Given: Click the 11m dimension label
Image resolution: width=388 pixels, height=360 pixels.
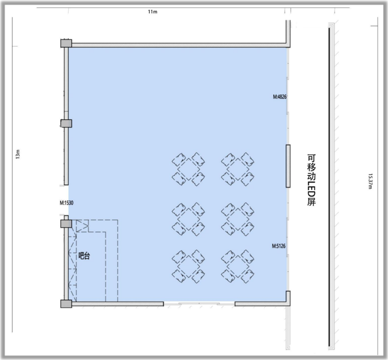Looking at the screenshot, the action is [153, 11].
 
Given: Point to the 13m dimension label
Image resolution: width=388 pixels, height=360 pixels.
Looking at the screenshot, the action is [18, 154].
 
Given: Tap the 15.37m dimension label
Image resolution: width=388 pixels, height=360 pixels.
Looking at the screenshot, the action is [370, 181].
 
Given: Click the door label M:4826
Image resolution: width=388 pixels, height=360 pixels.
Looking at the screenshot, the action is [280, 96].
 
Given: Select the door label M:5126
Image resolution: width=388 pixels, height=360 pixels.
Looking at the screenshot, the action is [278, 246].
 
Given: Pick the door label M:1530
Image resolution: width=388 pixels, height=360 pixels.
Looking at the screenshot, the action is [67, 203].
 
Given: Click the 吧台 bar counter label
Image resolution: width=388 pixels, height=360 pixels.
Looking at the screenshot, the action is [84, 256].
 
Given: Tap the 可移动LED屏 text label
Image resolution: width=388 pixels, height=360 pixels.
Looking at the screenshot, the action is [312, 180].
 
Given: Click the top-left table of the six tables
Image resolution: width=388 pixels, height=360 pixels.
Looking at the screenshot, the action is [189, 169].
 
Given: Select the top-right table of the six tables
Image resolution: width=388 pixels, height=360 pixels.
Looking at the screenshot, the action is [238, 169].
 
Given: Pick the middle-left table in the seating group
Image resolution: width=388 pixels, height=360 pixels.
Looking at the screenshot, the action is [189, 219].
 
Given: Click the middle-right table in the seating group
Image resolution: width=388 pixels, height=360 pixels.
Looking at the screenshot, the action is [238, 219].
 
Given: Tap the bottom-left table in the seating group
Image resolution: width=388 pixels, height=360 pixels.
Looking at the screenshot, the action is [189, 266].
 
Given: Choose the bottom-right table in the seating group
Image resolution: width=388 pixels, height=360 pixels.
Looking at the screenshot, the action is [238, 266].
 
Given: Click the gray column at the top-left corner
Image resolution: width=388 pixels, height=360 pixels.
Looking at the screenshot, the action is [66, 43].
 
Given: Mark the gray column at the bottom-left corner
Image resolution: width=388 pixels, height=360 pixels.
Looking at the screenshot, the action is [66, 304].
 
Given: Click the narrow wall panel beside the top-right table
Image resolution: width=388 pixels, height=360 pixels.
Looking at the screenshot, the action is [288, 166].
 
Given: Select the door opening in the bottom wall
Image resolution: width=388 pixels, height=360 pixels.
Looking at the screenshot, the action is [199, 304].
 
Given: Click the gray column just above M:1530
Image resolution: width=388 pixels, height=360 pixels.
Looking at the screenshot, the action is [67, 123].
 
